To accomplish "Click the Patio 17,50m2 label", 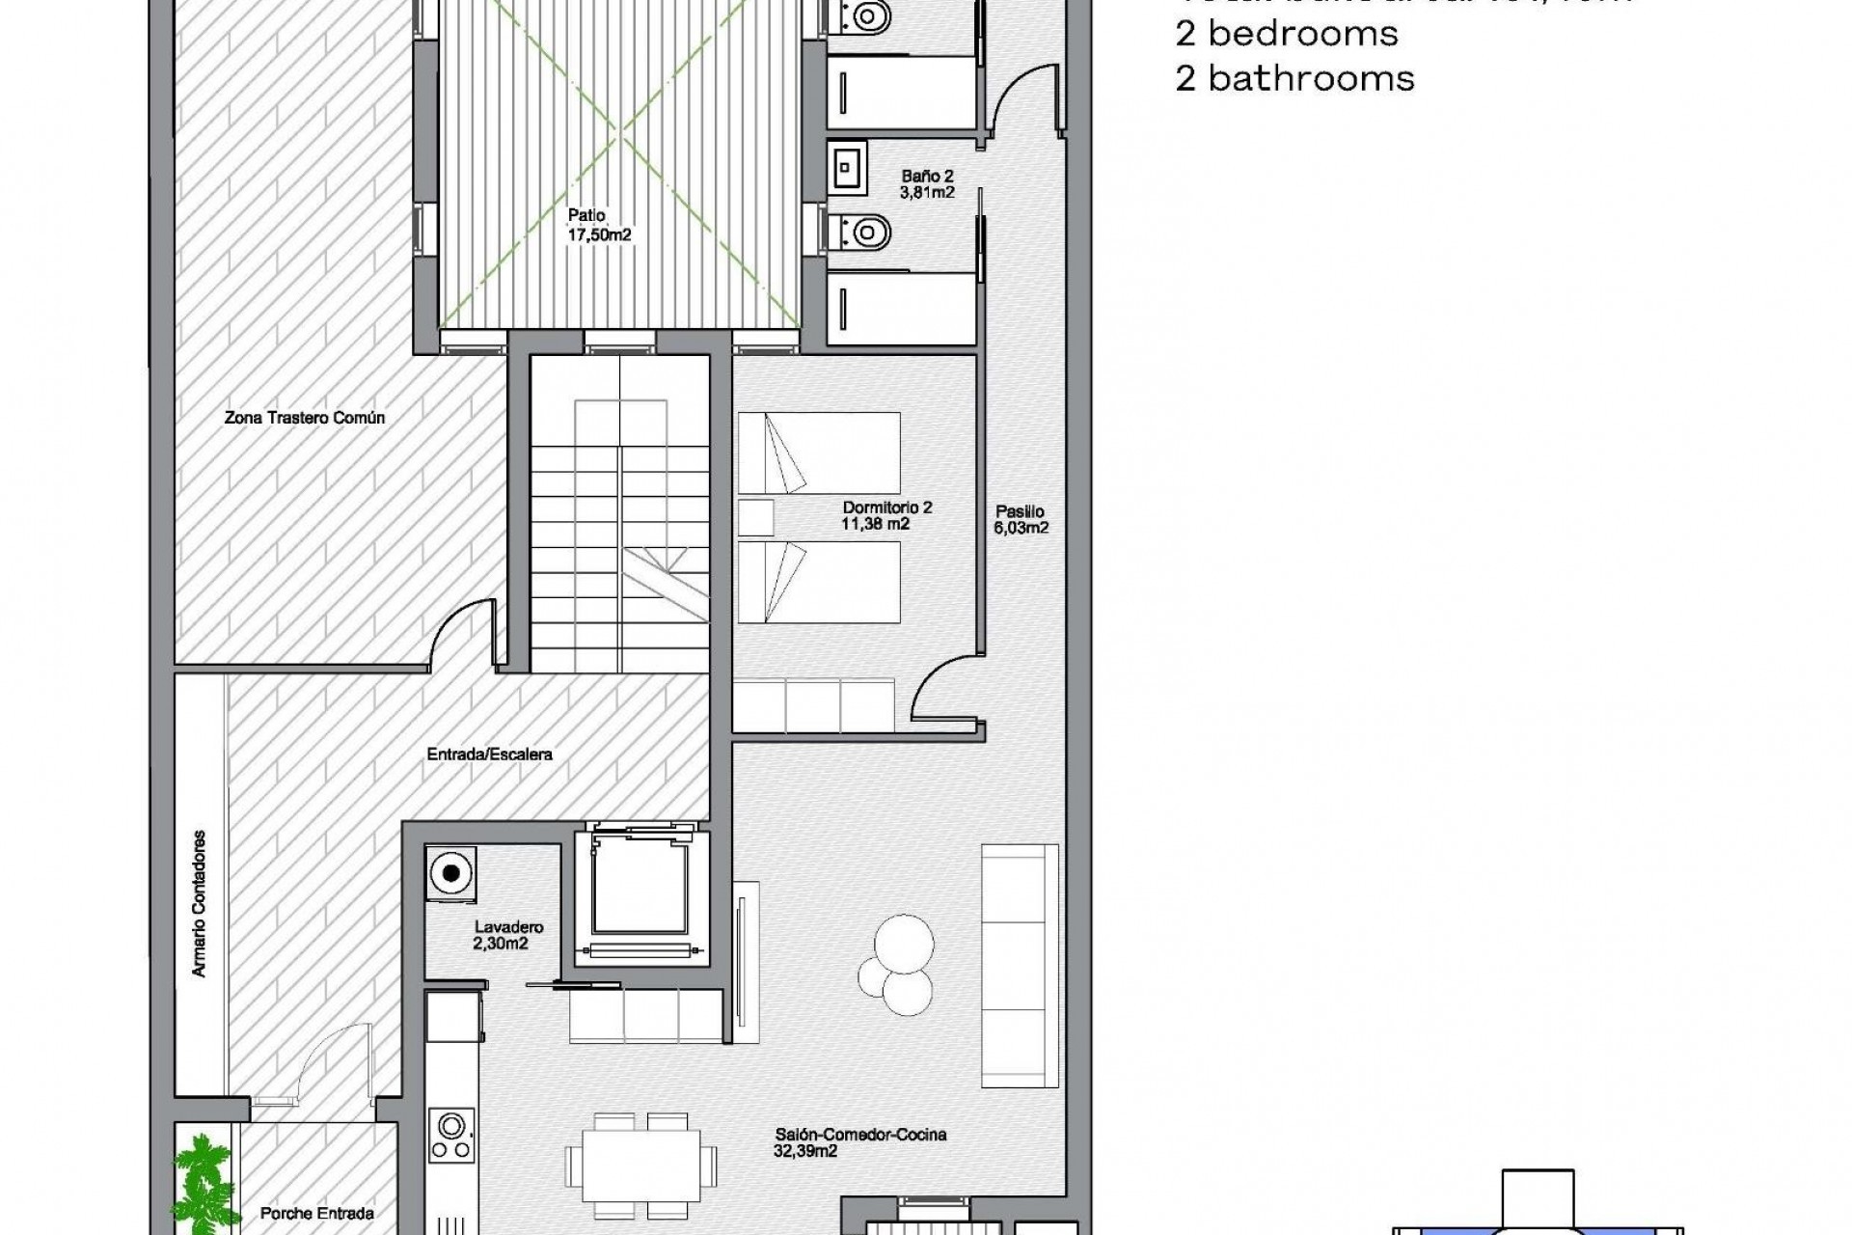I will (599, 225).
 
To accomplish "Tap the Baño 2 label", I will (927, 183).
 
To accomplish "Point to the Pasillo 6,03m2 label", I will (1021, 519).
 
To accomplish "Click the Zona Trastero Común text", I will (304, 418).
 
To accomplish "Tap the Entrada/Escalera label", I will (489, 754).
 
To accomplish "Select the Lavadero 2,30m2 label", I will (508, 935).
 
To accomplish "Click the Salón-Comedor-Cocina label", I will (859, 1142).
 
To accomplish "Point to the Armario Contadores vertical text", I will (200, 903).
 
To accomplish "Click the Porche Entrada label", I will (316, 1213).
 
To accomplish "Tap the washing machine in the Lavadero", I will (450, 875).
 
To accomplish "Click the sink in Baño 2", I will (846, 170).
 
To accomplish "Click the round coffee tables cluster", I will (897, 966).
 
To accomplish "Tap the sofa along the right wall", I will (1019, 965).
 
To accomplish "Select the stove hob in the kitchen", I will (451, 1137).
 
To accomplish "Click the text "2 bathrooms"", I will (1294, 78).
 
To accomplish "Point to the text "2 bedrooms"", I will (1286, 34).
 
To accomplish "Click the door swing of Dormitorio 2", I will (940, 690).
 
